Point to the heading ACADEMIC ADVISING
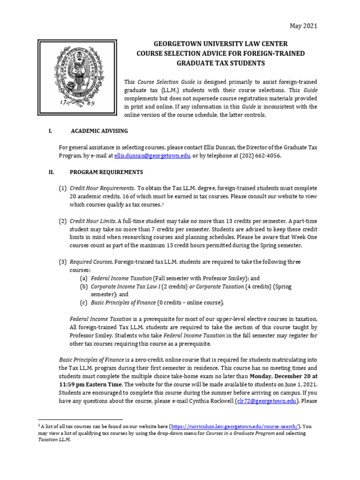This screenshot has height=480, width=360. pyautogui.click(x=99, y=131)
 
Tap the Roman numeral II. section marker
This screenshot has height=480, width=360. pyautogui.click(x=52, y=172)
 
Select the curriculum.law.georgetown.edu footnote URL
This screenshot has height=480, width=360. pyautogui.click(x=234, y=426)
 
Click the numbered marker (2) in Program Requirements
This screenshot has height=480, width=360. pyautogui.click(x=62, y=221)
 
